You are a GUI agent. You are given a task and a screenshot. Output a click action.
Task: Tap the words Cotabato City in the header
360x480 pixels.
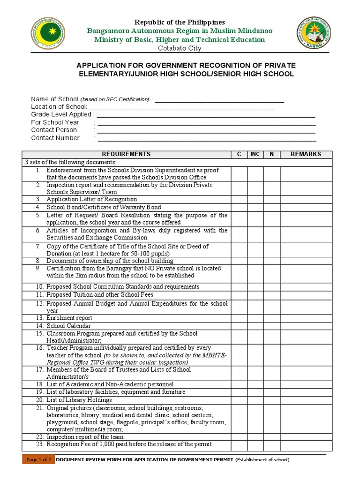(180, 48)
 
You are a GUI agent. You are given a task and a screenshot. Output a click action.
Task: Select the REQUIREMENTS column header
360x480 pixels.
(126, 154)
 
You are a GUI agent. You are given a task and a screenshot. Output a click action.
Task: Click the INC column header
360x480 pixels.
(255, 154)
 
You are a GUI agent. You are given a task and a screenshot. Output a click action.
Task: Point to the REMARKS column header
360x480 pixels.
(306, 154)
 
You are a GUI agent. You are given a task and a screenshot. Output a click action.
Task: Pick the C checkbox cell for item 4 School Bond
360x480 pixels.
(239, 207)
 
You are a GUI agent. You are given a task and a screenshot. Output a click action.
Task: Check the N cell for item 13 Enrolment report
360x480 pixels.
(271, 318)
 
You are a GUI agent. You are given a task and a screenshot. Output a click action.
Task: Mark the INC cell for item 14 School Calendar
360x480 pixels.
(255, 326)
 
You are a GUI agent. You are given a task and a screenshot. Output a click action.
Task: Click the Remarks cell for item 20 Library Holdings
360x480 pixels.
(306, 400)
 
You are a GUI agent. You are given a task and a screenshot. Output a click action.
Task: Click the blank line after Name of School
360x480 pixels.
(219, 100)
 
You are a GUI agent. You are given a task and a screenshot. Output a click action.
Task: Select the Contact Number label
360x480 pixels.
(55, 138)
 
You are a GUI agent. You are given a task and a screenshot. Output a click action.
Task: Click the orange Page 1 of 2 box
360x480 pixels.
(38, 460)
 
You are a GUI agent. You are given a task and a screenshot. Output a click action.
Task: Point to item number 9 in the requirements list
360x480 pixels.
(38, 269)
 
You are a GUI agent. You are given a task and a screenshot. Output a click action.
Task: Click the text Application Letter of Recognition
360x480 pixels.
(91, 200)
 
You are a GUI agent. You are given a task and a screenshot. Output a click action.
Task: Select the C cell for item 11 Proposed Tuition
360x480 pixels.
(239, 295)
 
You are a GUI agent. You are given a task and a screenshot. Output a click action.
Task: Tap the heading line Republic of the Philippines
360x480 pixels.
(180, 22)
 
